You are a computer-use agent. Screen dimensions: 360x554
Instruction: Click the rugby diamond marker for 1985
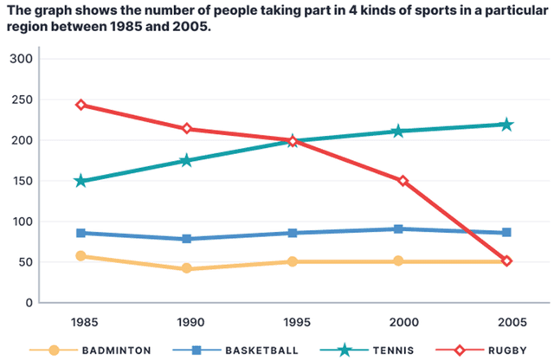(x=81, y=105)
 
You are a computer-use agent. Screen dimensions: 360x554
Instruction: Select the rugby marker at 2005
(x=506, y=260)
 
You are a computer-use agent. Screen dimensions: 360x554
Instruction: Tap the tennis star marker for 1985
(x=81, y=181)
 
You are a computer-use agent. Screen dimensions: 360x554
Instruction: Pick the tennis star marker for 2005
(x=506, y=125)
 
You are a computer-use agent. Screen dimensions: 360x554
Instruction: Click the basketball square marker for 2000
(x=398, y=229)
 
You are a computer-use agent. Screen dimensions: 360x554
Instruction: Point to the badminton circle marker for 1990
(x=186, y=269)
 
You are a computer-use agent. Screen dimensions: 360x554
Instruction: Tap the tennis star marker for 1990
(x=186, y=160)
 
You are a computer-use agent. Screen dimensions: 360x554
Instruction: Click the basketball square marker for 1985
(x=81, y=233)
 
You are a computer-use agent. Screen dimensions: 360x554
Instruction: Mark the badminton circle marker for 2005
(x=506, y=260)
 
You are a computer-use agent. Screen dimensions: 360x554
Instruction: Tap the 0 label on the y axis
(x=29, y=303)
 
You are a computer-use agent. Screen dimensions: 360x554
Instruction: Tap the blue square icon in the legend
(x=196, y=350)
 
